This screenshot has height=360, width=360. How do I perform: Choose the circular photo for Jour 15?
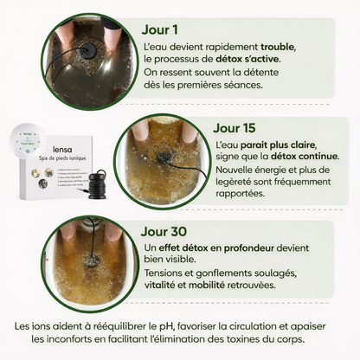click(x=162, y=158)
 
